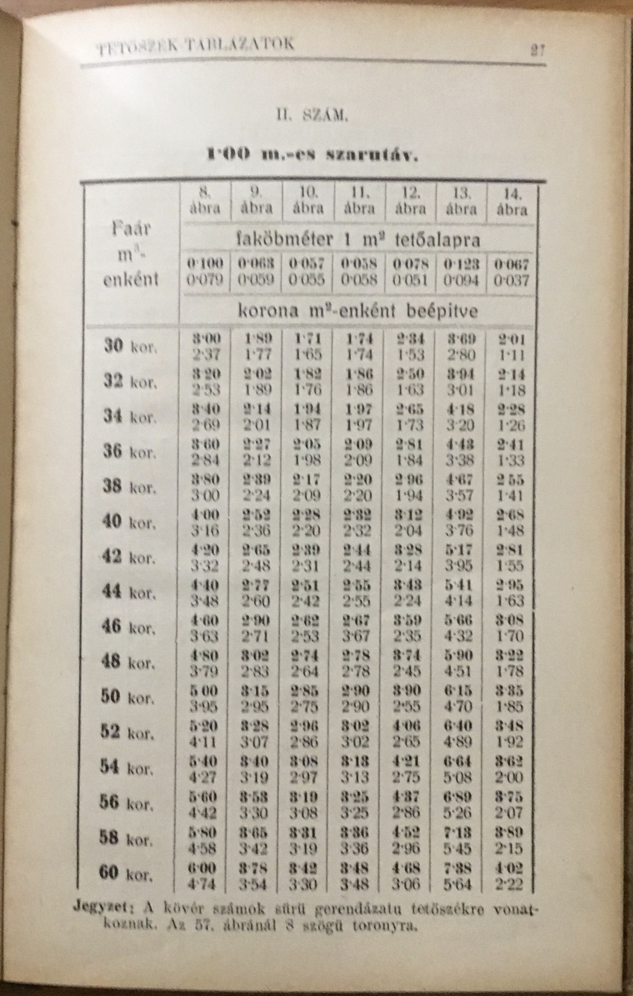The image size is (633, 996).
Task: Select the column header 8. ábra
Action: click(204, 200)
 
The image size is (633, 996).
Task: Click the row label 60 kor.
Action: click(125, 874)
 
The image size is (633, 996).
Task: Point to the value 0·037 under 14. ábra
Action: click(512, 281)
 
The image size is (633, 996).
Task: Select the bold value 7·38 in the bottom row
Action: click(458, 868)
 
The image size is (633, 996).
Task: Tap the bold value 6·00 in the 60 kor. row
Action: click(203, 868)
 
